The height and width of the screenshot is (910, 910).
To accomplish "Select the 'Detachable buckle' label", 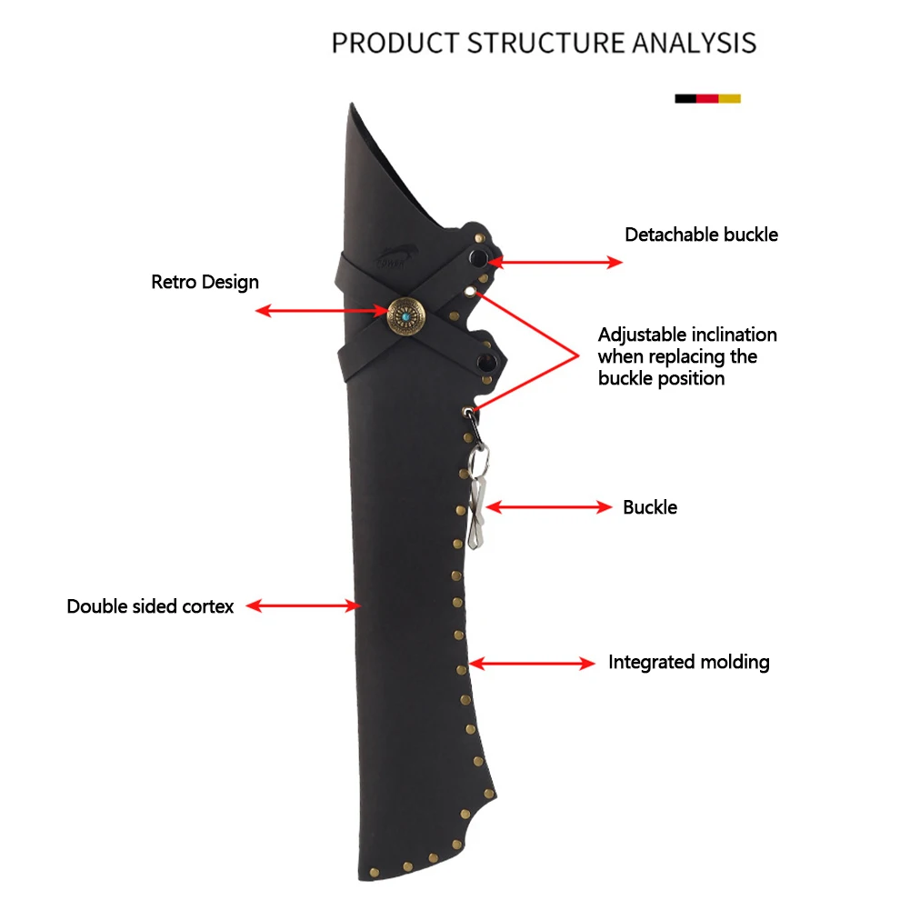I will click(x=701, y=235).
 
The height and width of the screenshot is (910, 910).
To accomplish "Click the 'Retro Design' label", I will click(x=205, y=282).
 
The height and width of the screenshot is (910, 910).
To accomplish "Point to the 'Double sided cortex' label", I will click(x=150, y=605).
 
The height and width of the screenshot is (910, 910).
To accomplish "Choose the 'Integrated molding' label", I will click(x=688, y=662).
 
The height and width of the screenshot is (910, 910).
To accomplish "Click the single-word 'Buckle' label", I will click(x=650, y=507).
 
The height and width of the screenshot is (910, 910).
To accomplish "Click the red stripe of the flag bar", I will click(x=707, y=98).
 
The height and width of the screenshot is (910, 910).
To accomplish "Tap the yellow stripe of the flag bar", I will click(x=730, y=98).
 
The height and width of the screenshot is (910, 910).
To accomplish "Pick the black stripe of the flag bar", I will click(x=685, y=98).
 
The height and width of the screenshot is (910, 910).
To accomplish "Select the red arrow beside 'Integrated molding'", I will click(x=532, y=665).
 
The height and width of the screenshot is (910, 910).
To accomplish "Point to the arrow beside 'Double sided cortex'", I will click(x=304, y=605).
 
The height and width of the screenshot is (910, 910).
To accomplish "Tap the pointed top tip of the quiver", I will click(x=352, y=107).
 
